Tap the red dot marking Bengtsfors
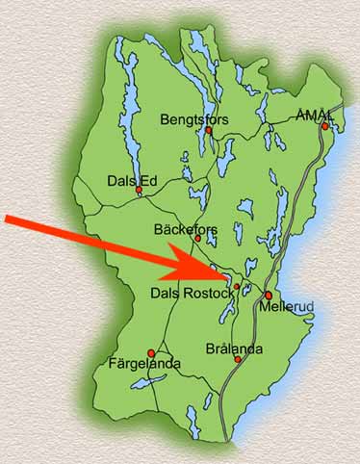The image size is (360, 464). [207, 131]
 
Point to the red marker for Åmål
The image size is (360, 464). [325, 126]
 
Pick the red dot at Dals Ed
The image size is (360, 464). [139, 190]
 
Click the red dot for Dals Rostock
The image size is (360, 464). [237, 286]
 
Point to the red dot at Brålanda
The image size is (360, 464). [238, 360]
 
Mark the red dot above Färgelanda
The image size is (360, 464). [150, 352]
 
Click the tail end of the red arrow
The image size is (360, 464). [8, 220]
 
